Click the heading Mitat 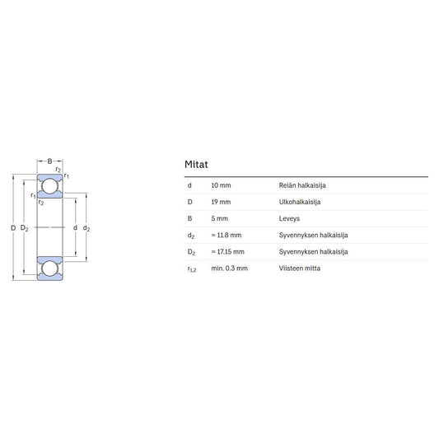coord(196,165)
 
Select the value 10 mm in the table coord(221,185)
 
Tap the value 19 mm coord(221,202)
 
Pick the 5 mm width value coord(219,218)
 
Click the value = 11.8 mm coord(227,235)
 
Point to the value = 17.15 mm coord(227,252)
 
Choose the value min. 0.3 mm coord(229,269)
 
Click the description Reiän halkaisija coord(302,185)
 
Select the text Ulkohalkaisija coord(300,202)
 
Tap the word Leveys coord(289,218)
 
